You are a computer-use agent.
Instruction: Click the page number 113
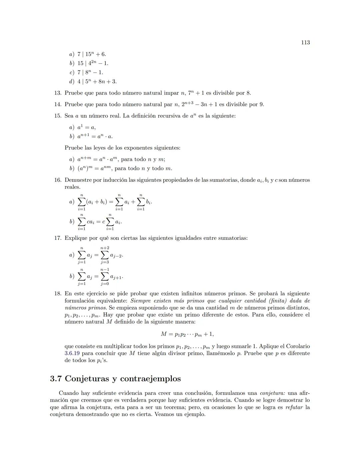305,42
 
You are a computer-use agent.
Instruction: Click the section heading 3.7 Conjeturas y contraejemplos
115,379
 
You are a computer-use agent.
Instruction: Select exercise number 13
58,93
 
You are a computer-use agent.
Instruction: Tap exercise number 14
58,104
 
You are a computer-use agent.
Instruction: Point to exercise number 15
58,116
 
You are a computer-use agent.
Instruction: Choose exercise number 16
58,180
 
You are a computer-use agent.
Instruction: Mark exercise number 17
58,238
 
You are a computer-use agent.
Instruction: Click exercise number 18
58,294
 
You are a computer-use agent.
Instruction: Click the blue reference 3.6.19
72,353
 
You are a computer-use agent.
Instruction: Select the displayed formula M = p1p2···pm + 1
187,334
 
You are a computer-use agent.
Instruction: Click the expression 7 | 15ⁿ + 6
92,54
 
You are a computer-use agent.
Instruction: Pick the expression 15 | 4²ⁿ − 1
93,63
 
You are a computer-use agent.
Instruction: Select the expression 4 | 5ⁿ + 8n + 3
97,81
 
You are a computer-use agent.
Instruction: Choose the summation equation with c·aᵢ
99,222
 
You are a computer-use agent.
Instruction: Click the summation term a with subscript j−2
117,256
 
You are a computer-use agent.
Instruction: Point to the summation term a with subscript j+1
117,277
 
